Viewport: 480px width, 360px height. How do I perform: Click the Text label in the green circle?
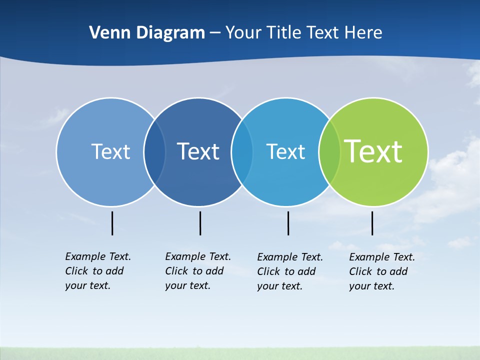373,151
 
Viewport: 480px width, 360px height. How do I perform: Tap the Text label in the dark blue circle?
198,151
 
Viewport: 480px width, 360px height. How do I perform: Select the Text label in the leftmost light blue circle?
110,151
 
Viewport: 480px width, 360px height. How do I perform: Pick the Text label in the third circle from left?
285,151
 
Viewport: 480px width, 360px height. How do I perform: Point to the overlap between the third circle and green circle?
329,151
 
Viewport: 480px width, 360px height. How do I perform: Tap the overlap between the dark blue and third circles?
242,151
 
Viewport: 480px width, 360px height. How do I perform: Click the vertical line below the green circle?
372,223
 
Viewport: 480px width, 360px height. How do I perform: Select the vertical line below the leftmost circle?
112,223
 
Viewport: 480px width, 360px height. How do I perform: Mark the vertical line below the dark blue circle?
200,223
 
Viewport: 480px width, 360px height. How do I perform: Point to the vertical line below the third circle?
288,223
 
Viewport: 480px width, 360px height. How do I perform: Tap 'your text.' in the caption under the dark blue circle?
188,285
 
